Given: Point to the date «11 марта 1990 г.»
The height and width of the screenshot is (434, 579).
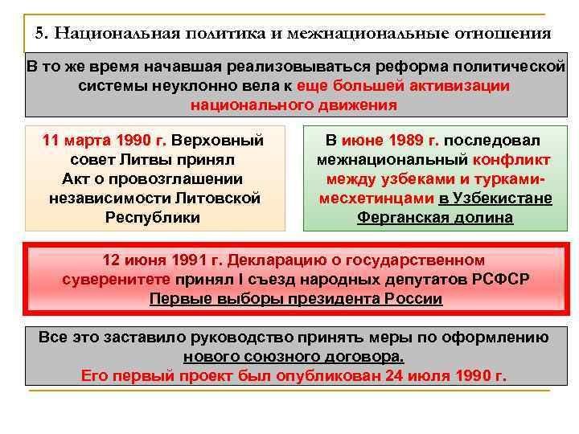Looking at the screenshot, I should coord(104,140).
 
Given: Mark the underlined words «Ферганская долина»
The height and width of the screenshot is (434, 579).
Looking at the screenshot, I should coord(435,217).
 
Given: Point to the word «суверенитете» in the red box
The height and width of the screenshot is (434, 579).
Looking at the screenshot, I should coord(116,280).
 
